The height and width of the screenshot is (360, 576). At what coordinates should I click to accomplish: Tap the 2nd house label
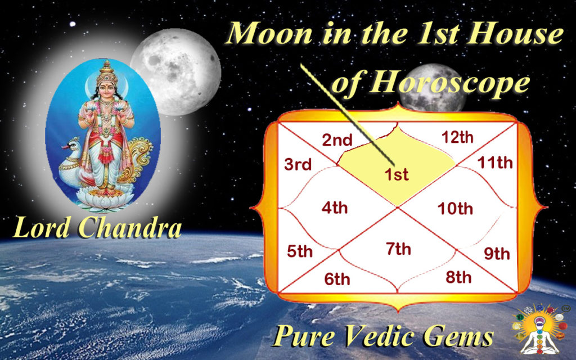tap(337, 140)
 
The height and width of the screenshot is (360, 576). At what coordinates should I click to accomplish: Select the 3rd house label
tap(298, 165)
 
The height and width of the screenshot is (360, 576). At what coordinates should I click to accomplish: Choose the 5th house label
tap(299, 251)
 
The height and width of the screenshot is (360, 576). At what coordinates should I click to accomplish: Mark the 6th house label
tap(337, 279)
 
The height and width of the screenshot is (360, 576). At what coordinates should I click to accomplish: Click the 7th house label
tap(399, 249)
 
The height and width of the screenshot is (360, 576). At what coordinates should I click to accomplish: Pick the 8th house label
tap(458, 277)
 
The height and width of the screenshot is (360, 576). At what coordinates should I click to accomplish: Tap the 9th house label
tap(497, 254)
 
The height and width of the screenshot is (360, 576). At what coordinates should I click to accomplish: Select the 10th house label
tap(455, 209)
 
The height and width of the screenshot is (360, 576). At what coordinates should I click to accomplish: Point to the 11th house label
tap(495, 163)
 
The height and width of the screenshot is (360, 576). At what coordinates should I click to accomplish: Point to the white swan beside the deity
tap(76, 163)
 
